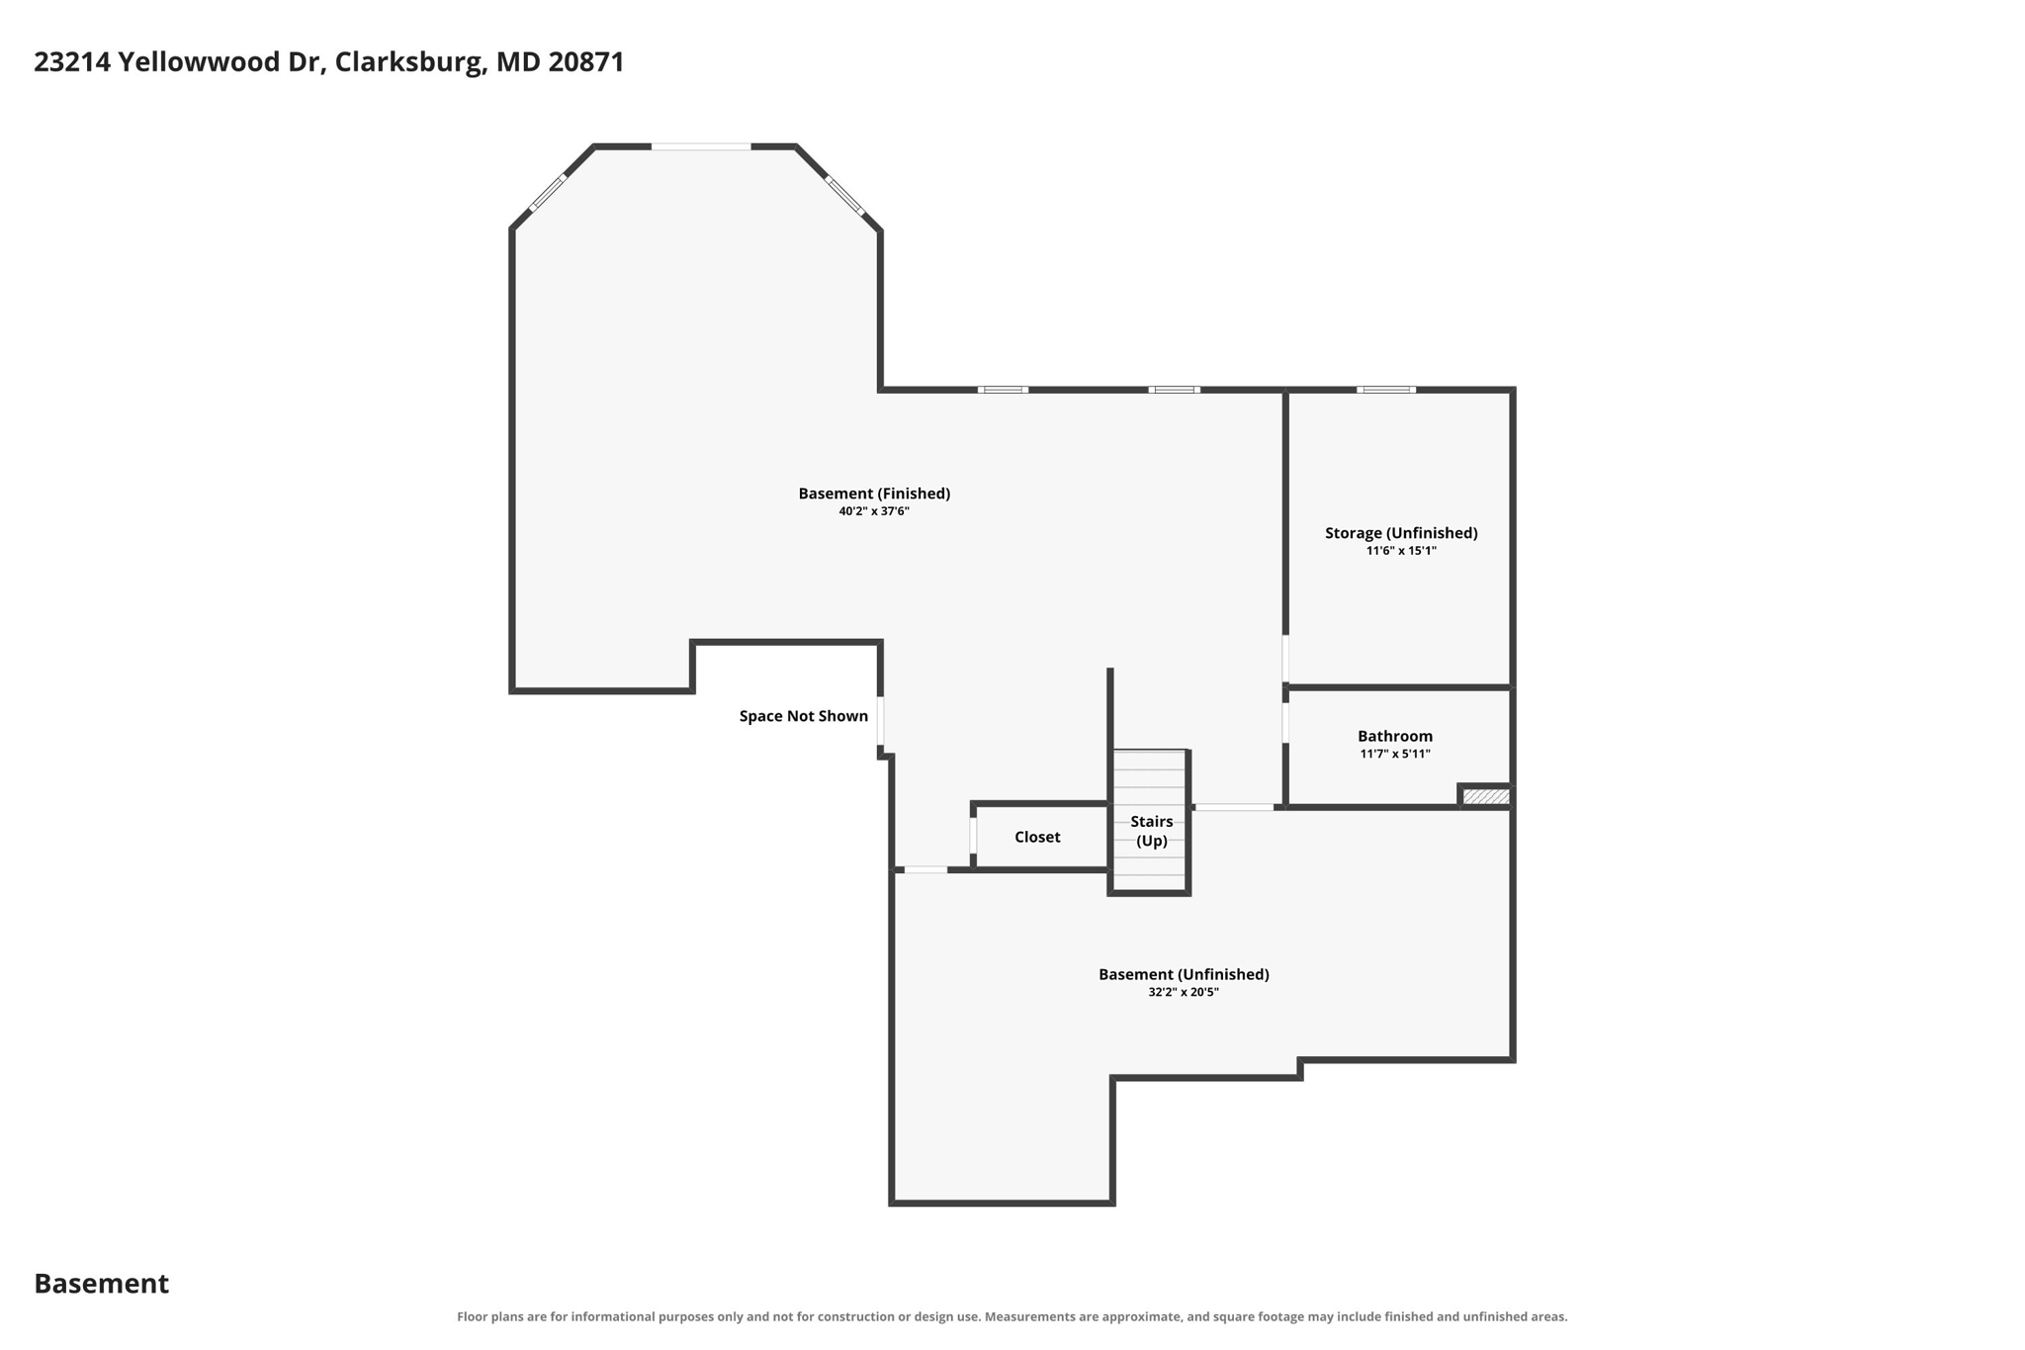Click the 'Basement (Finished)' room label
pos(874,494)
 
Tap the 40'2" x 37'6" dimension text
pos(874,511)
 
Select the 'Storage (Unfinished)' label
pos(1401,533)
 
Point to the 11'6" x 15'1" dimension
pos(1401,551)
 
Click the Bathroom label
pos(1395,736)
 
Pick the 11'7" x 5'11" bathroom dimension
pos(1395,754)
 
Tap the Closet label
pos(1037,837)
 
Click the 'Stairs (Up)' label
pos(1152,831)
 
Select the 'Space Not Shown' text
pos(804,716)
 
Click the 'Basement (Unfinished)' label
pos(1184,974)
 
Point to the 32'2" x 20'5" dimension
pos(1184,992)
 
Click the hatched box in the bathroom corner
pos(1486,796)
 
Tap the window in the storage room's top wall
pos(1386,390)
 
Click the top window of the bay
pos(701,147)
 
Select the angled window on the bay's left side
pos(548,193)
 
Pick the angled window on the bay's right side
pos(845,195)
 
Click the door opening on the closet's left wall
pos(974,836)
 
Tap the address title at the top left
pos(329,62)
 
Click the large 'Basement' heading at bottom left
pos(102,1284)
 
